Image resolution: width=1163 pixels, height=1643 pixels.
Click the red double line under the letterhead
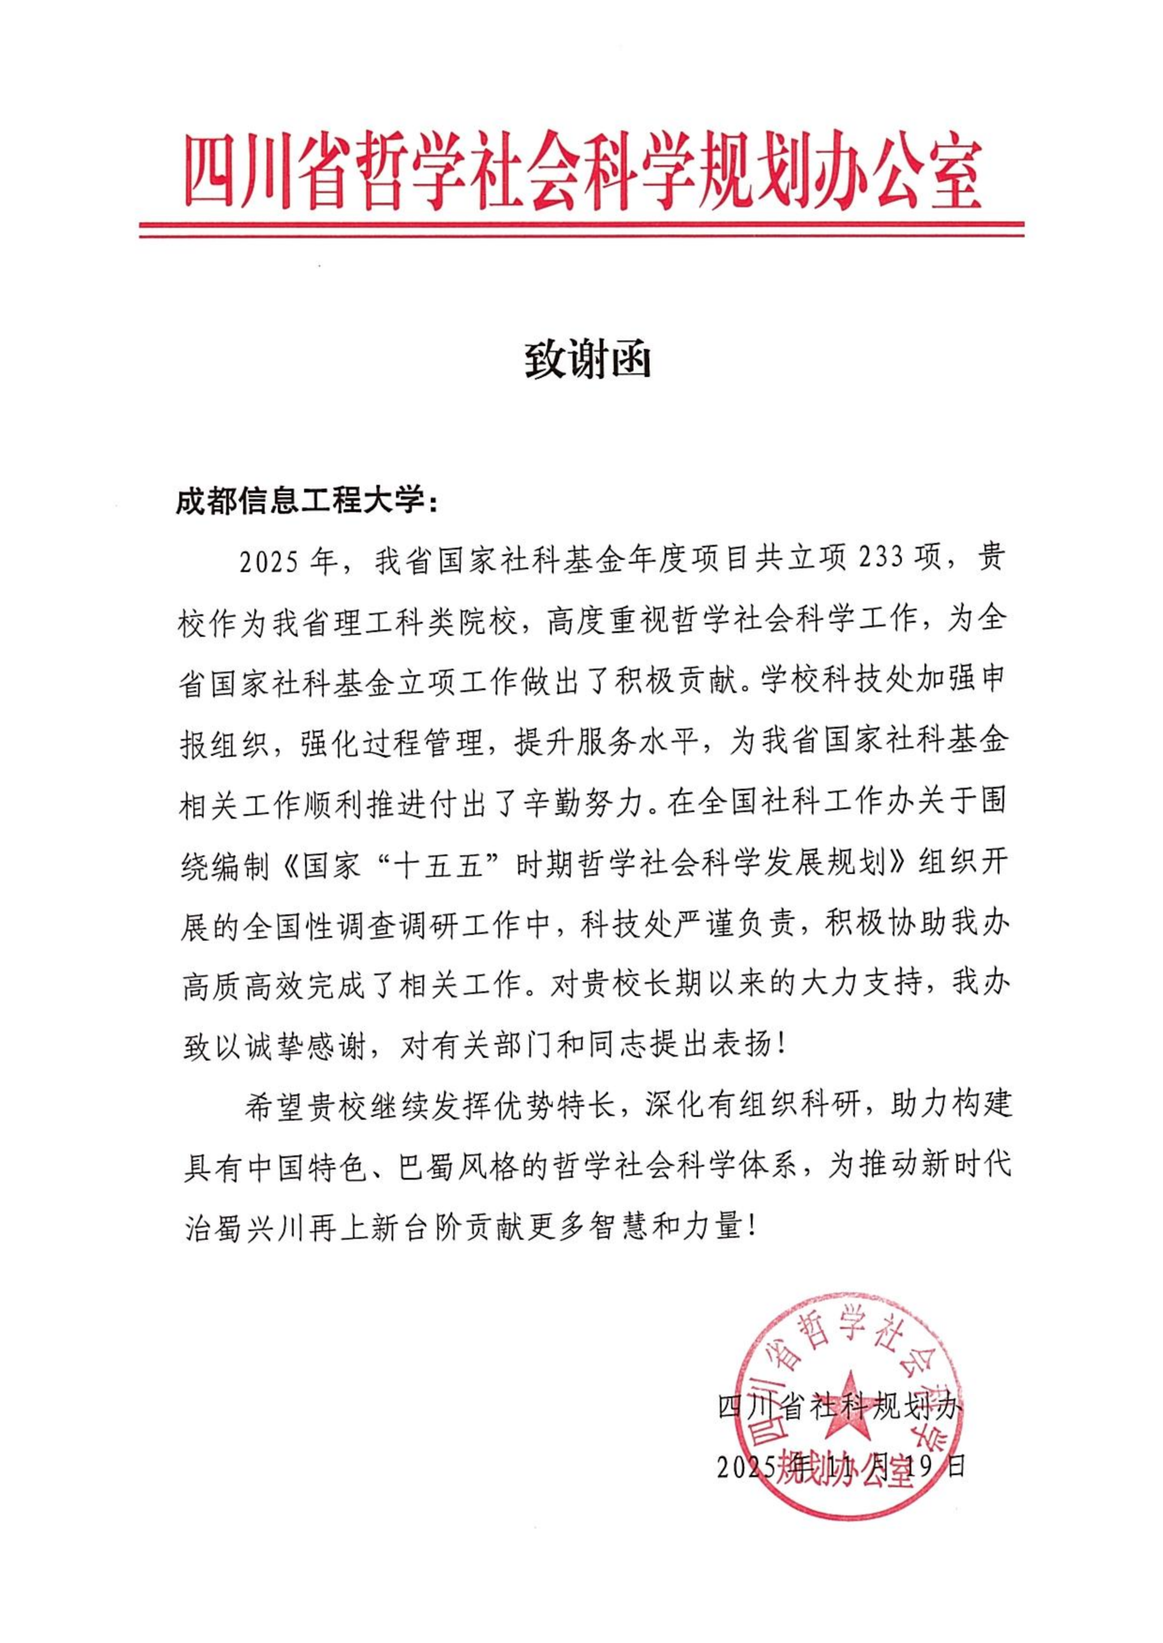click(581, 229)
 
